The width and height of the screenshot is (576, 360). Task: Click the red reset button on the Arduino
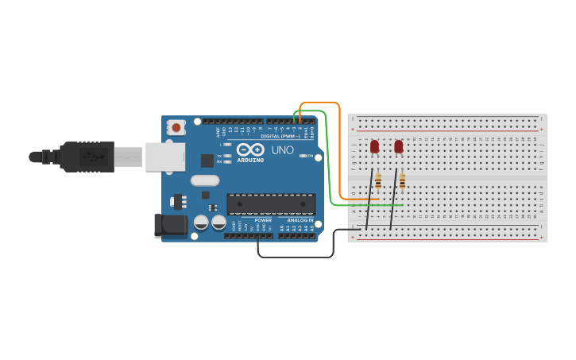[x=176, y=127]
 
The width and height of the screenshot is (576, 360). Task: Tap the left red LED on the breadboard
[x=374, y=146]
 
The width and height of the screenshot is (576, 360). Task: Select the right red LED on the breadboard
[x=398, y=146]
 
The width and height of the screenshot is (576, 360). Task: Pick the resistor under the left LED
[x=378, y=181]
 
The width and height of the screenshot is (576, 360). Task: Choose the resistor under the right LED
[x=402, y=181]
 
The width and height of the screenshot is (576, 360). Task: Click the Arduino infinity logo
[x=250, y=149]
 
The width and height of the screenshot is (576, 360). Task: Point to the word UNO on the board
[x=283, y=149]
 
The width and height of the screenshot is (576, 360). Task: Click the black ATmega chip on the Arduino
[x=271, y=204]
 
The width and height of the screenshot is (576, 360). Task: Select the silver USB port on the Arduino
[x=165, y=157]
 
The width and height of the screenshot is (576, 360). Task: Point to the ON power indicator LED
[x=303, y=156]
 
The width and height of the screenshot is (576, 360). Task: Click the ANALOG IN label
[x=300, y=220]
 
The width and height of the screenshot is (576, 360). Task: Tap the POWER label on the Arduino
[x=263, y=220]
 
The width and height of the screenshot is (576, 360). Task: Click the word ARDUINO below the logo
[x=250, y=160]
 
